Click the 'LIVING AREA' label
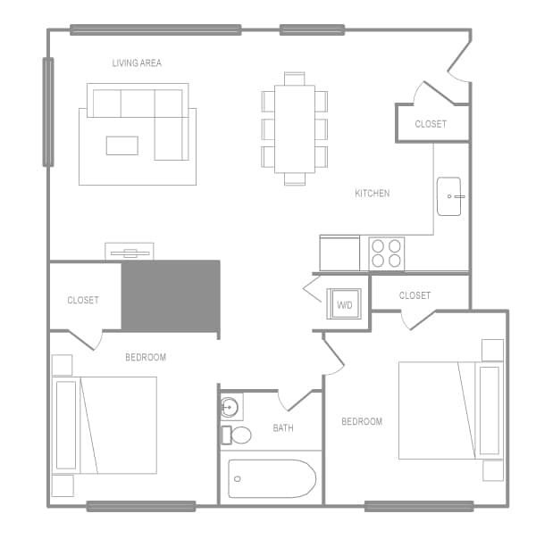tap(137, 63)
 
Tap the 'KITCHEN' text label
tap(372, 194)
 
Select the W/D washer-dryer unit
tap(344, 304)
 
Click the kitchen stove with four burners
tap(387, 253)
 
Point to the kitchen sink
tap(449, 196)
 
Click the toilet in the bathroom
tap(237, 435)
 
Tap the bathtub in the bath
tap(272, 478)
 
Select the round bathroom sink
tap(230, 408)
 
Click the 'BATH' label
tap(283, 428)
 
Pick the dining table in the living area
tap(295, 128)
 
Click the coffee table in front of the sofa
tap(121, 145)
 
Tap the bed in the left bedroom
tap(115, 425)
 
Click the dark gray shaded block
tap(171, 296)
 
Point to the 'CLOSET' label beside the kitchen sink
tap(431, 124)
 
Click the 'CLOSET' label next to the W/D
tap(415, 295)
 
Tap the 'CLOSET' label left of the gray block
tap(83, 301)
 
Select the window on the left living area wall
tap(48, 112)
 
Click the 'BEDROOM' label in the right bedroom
tap(362, 422)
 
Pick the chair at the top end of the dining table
tap(295, 79)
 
